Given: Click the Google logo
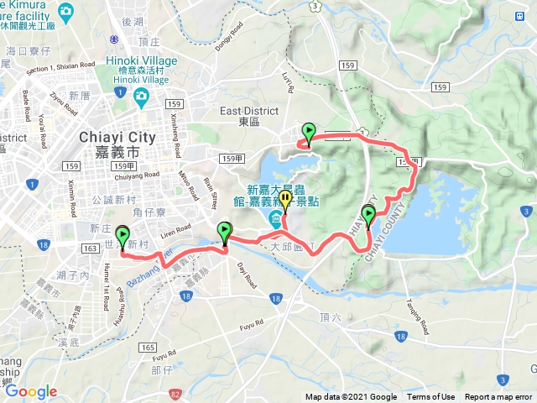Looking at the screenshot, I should (x=31, y=391).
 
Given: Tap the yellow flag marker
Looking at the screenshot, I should (x=285, y=201).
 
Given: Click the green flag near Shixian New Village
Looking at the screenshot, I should (x=123, y=236).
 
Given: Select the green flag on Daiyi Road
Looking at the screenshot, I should (x=225, y=231).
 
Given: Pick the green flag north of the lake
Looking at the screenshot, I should (x=309, y=133).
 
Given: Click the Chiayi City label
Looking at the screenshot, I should (x=112, y=138).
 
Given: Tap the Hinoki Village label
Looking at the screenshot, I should (x=141, y=61).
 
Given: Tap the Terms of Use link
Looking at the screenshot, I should (x=431, y=397).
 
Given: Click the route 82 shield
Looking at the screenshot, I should (x=174, y=393).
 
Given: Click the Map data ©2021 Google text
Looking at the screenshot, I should (x=351, y=397).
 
